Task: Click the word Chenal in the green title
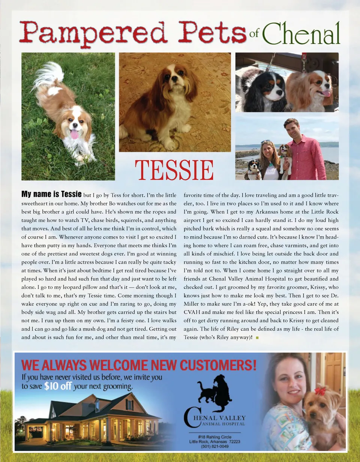[301, 33]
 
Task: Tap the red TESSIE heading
[174, 170]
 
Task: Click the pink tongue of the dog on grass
[74, 134]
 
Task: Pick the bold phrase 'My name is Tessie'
[51, 194]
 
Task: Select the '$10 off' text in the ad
[57, 386]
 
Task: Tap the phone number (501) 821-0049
[214, 446]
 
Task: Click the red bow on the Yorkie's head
[320, 391]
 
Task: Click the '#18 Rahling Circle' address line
[214, 436]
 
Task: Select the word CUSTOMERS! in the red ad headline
[218, 364]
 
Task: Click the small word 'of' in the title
[254, 34]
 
